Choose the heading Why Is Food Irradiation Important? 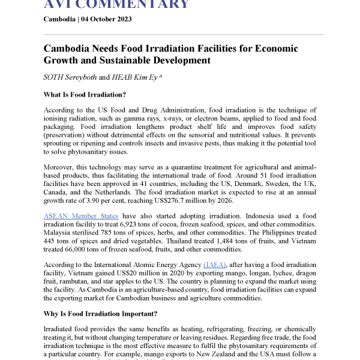point(101,314)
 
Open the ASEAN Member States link point(80,215)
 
